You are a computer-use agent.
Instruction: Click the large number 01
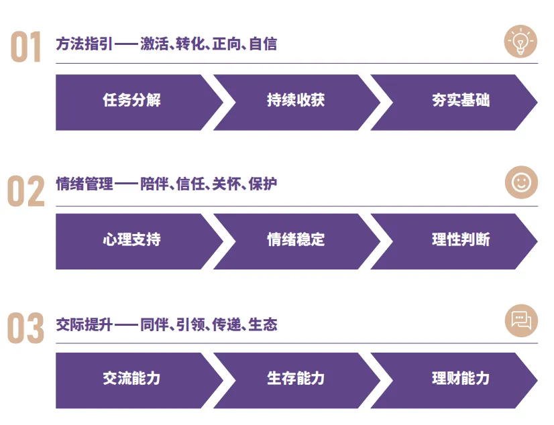point(26,48)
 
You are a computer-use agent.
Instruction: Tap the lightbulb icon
point(520,42)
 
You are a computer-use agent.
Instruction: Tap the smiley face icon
point(521,182)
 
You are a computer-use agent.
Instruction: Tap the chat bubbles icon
point(521,320)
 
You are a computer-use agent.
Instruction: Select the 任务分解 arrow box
point(132,101)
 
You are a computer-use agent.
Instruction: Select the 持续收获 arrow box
point(296,101)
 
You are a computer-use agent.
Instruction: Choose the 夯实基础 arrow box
point(460,101)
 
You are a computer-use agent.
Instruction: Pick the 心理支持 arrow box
point(132,241)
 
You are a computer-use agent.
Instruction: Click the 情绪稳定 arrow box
point(296,241)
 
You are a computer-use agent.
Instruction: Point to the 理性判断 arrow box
point(460,241)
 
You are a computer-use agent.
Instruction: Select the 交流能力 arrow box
point(132,379)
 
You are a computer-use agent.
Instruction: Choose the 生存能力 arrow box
point(296,379)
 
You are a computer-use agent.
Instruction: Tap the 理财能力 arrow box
point(460,379)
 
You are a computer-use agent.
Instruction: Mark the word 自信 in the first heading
point(263,44)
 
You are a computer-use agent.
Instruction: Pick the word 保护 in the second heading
point(263,184)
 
